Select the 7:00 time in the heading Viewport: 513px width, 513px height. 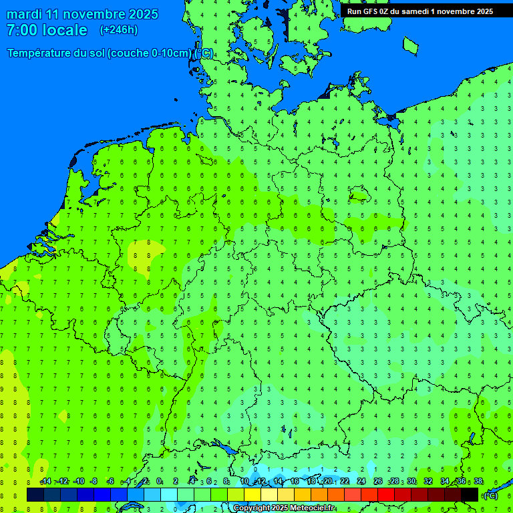pyautogui.click(x=23, y=31)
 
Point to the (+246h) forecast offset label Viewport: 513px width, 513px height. pyautogui.click(x=118, y=30)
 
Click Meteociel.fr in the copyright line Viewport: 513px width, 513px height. pyautogui.click(x=312, y=508)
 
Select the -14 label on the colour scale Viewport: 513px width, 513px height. pyautogui.click(x=45, y=482)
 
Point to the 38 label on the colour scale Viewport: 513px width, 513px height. pyautogui.click(x=478, y=482)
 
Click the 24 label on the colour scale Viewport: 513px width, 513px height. pyautogui.click(x=361, y=482)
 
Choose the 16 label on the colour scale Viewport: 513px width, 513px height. pyautogui.click(x=295, y=482)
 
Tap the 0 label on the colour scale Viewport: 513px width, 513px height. pyautogui.click(x=159, y=482)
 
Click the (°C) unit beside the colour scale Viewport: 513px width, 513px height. pyautogui.click(x=490, y=496)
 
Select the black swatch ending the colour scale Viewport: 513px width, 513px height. pyautogui.click(x=470, y=495)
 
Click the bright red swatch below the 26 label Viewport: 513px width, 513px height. pyautogui.click(x=386, y=495)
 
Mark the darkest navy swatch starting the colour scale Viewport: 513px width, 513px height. pyautogui.click(x=35, y=495)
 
